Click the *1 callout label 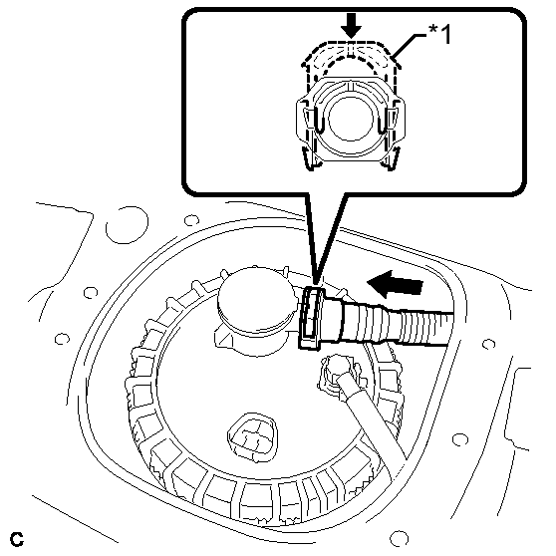tap(440, 35)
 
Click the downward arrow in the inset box tap(351, 27)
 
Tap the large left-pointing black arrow tap(396, 284)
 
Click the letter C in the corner tap(17, 539)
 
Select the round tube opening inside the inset tap(351, 119)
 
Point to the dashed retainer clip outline tap(351, 59)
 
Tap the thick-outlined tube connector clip tap(312, 318)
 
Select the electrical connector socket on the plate tap(252, 437)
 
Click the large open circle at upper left tap(127, 225)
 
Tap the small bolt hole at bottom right tap(399, 538)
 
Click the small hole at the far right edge tap(488, 344)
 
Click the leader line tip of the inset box tap(316, 284)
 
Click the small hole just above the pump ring tap(191, 220)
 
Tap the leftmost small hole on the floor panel tap(62, 339)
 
